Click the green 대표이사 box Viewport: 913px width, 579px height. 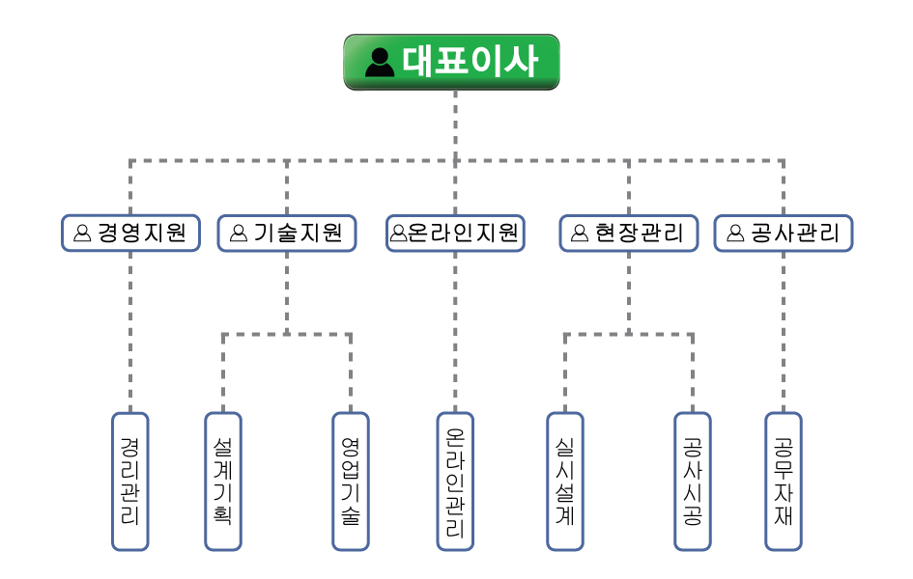pyautogui.click(x=451, y=62)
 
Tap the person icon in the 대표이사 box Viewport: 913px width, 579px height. pyautogui.click(x=380, y=63)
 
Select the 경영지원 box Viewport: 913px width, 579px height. pyautogui.click(x=130, y=233)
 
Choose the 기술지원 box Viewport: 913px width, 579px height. pyautogui.click(x=287, y=233)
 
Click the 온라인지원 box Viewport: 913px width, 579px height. pyautogui.click(x=455, y=233)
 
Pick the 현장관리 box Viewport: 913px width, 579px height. pyautogui.click(x=628, y=233)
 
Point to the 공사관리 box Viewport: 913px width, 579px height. pyautogui.click(x=784, y=233)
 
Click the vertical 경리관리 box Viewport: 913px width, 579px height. pyautogui.click(x=130, y=481)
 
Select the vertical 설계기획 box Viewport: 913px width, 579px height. pyautogui.click(x=223, y=481)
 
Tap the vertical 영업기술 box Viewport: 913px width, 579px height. pyautogui.click(x=351, y=481)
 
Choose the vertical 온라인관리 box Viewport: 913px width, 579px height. pyautogui.click(x=455, y=481)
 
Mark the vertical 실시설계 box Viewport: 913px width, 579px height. pyautogui.click(x=565, y=481)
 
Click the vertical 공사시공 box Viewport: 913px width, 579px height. pyautogui.click(x=692, y=481)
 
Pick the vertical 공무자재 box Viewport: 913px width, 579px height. pyautogui.click(x=784, y=481)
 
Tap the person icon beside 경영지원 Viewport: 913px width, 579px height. pyautogui.click(x=82, y=234)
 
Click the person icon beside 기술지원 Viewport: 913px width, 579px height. pyautogui.click(x=239, y=234)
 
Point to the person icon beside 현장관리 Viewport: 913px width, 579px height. pyautogui.click(x=580, y=234)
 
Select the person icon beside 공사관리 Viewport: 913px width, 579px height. pyautogui.click(x=735, y=234)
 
